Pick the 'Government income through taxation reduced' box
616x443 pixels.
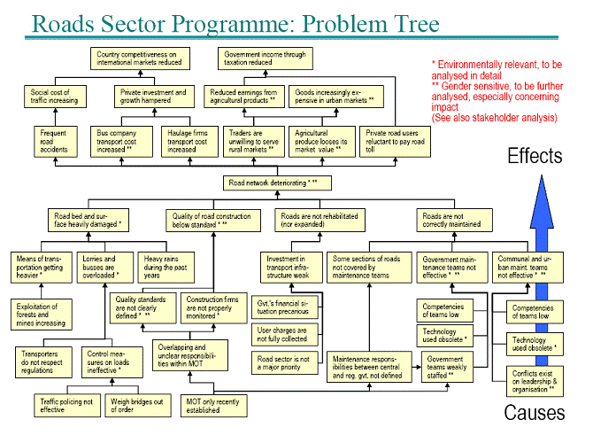click(266, 59)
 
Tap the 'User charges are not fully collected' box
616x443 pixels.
click(281, 333)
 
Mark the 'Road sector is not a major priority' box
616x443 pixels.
click(281, 364)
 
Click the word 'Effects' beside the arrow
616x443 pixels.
click(534, 157)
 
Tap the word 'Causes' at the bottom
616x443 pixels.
click(535, 412)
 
